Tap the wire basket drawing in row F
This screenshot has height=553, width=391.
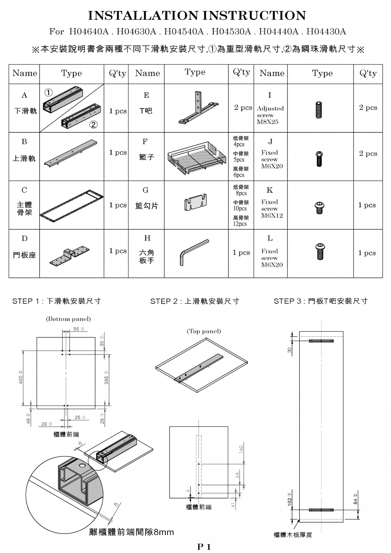pos(197,157)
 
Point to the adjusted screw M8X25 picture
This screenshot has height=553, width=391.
pos(319,110)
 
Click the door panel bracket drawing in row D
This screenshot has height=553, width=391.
pos(70,256)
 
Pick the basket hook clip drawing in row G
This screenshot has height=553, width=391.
pos(195,202)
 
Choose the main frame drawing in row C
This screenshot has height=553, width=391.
pos(72,205)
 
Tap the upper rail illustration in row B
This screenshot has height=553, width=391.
pos(71,153)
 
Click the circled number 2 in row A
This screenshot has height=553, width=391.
pos(93,125)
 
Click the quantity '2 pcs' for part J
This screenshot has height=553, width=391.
pos(368,154)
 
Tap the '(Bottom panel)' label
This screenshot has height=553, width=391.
pos(68,319)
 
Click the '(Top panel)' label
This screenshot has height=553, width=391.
pos(204,331)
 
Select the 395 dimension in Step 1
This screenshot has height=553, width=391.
pos(106,380)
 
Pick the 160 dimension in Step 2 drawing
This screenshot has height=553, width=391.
pos(241,449)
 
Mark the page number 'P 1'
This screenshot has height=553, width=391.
pos(204,547)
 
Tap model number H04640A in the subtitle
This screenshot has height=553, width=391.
pos(89,32)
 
